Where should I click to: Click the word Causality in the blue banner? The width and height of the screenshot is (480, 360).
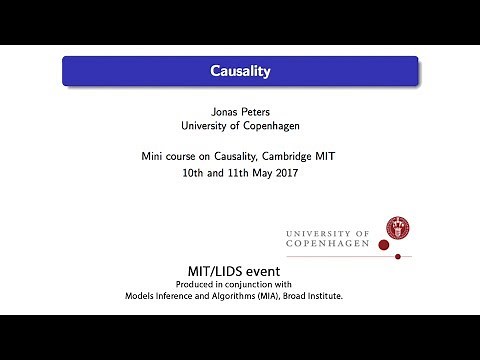coord(239,71)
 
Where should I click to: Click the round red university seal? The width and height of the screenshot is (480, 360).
coord(401,231)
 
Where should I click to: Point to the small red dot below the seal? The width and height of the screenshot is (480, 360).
coord(397,257)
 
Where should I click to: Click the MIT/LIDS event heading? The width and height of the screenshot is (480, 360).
coord(239,271)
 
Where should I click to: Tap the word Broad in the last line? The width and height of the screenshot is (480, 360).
coord(320,296)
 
